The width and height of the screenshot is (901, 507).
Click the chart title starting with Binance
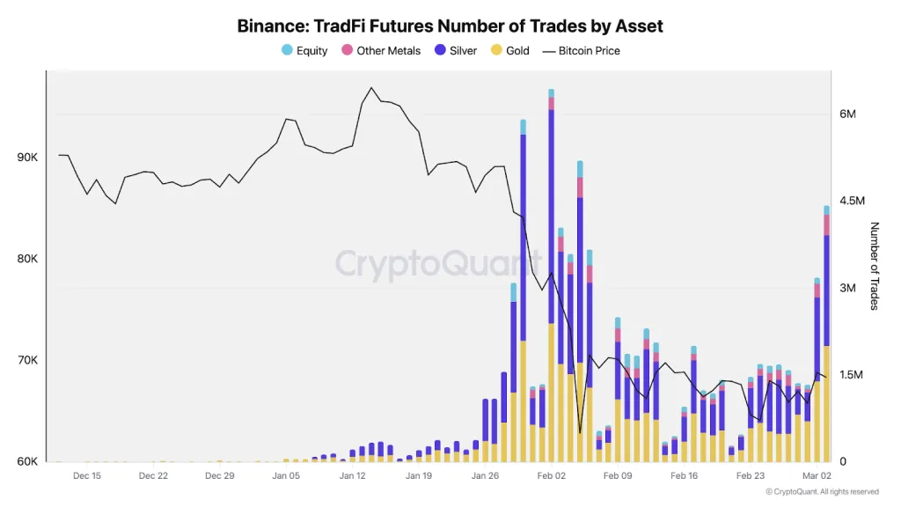tap(450, 26)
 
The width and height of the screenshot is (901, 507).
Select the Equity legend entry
tap(304, 51)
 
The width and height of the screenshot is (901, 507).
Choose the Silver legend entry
tap(456, 51)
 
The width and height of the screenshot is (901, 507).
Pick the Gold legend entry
tap(510, 51)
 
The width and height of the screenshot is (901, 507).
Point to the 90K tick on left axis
tap(27, 158)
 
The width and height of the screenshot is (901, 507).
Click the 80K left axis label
tap(27, 260)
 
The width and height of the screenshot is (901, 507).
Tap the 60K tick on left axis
tap(27, 461)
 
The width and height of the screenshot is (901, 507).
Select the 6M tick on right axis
tap(848, 114)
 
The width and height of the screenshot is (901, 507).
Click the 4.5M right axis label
tap(853, 201)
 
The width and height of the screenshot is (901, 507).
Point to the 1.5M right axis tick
tap(853, 375)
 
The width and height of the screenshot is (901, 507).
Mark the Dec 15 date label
tap(87, 476)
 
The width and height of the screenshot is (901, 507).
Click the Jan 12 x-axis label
tap(352, 476)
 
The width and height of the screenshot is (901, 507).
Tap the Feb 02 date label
tap(551, 476)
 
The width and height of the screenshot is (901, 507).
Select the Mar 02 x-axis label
tap(817, 476)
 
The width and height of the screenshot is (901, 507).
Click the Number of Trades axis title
tap(875, 266)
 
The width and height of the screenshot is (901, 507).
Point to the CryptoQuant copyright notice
tap(822, 492)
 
